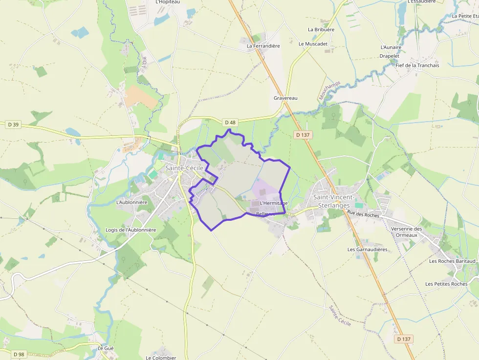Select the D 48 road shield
230,122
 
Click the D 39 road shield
13,125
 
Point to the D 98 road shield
19,354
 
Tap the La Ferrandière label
263,46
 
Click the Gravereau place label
285,98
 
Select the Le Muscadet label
313,44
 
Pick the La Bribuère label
321,30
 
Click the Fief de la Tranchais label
417,65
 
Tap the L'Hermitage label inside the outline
274,203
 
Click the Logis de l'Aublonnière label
131,230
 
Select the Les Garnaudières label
367,250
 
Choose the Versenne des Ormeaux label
407,232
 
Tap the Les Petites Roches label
446,284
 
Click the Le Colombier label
161,358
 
